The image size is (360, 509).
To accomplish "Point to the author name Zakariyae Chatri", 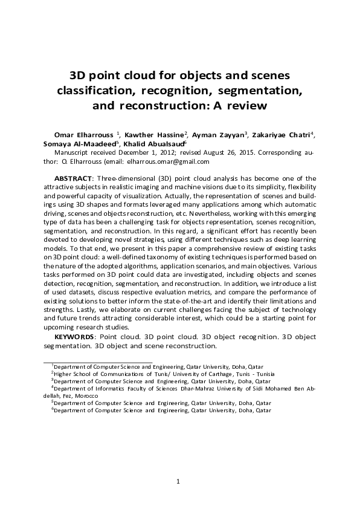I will pyautogui.click(x=282, y=134).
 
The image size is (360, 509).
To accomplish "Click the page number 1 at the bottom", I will pyautogui.click(x=179, y=481).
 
